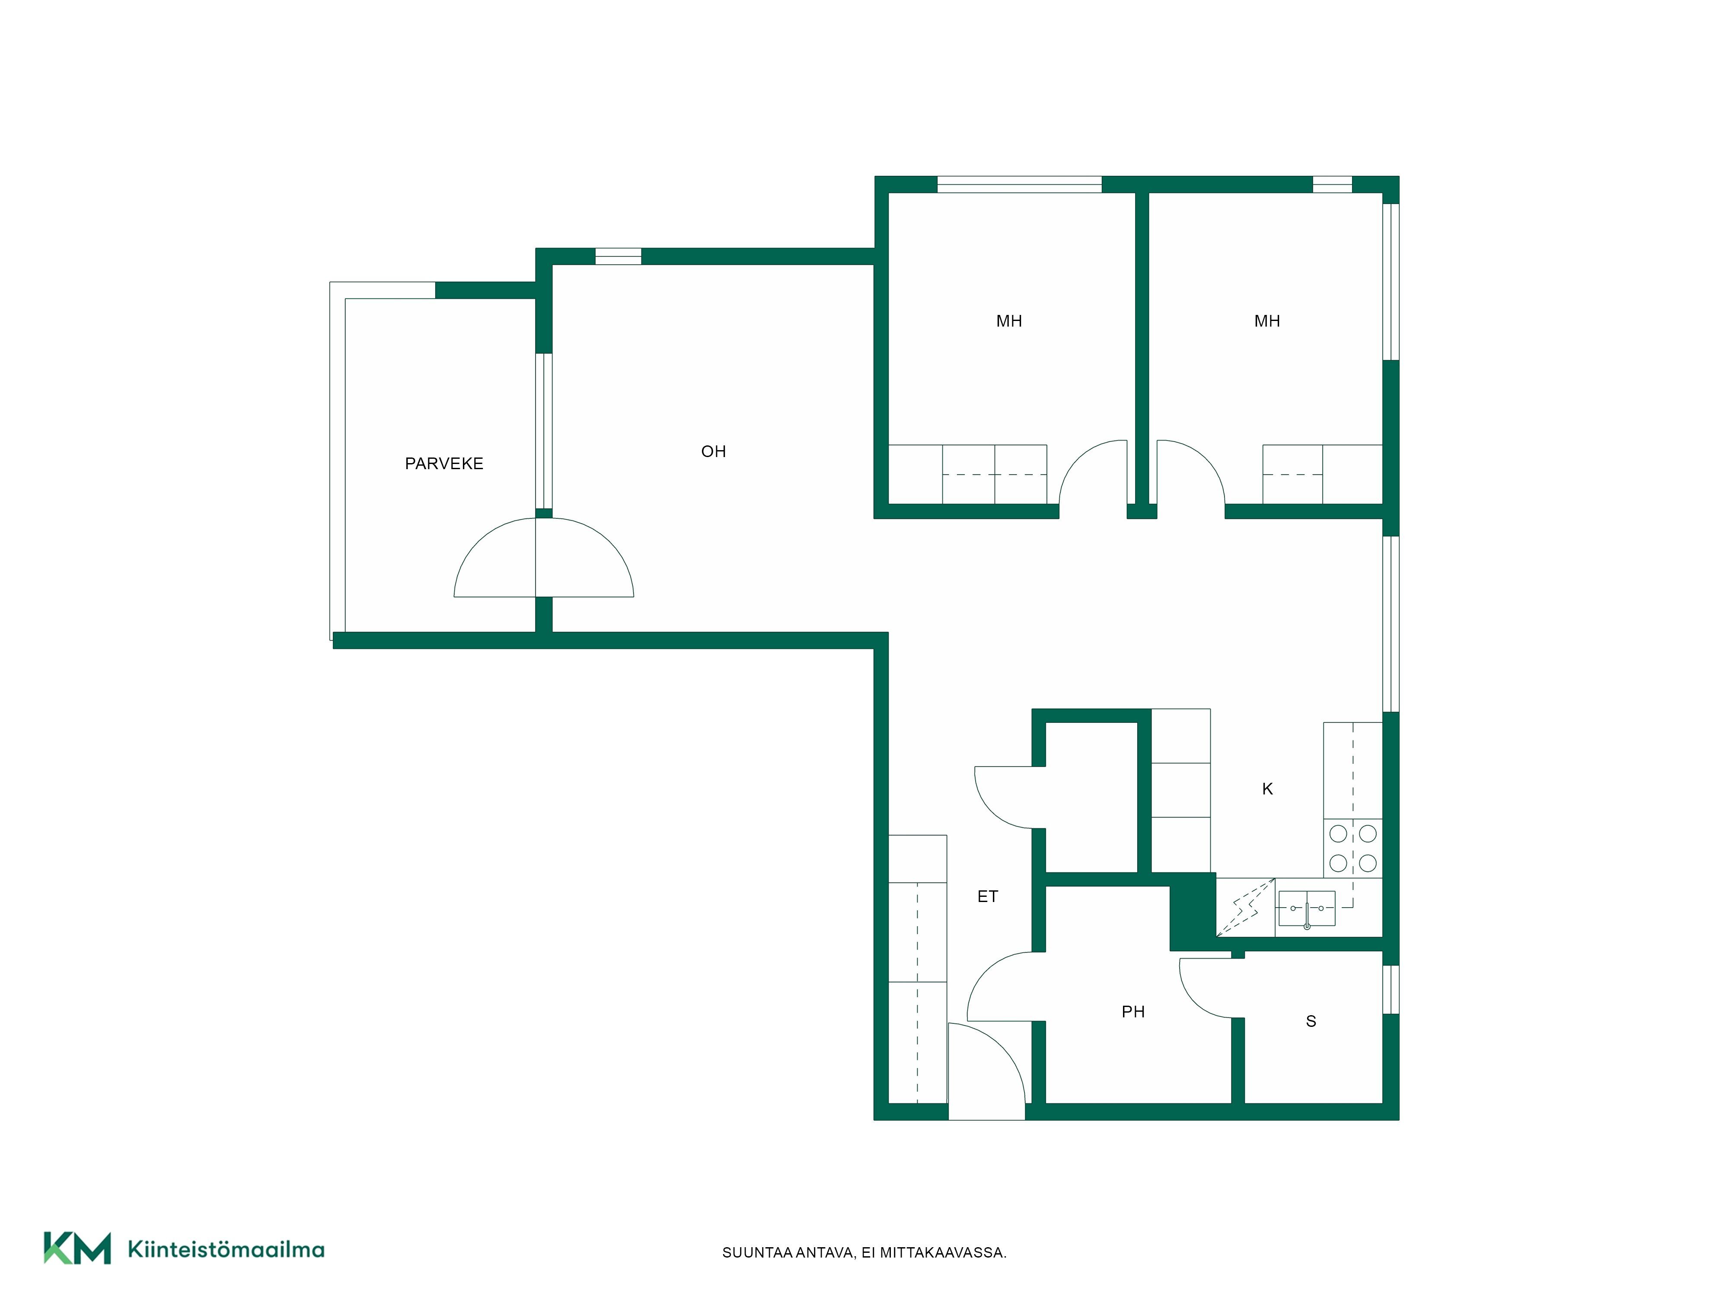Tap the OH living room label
pyautogui.click(x=714, y=451)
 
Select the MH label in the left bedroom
pyautogui.click(x=1009, y=321)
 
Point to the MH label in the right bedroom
pyautogui.click(x=1267, y=321)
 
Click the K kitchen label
pyautogui.click(x=1268, y=789)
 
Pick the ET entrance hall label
pyautogui.click(x=988, y=897)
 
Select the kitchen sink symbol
pyautogui.click(x=1306, y=908)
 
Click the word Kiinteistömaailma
pyautogui.click(x=226, y=1249)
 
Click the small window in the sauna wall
pyautogui.click(x=1391, y=990)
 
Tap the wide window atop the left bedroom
pyautogui.click(x=1019, y=184)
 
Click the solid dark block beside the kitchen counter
pyautogui.click(x=1193, y=911)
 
